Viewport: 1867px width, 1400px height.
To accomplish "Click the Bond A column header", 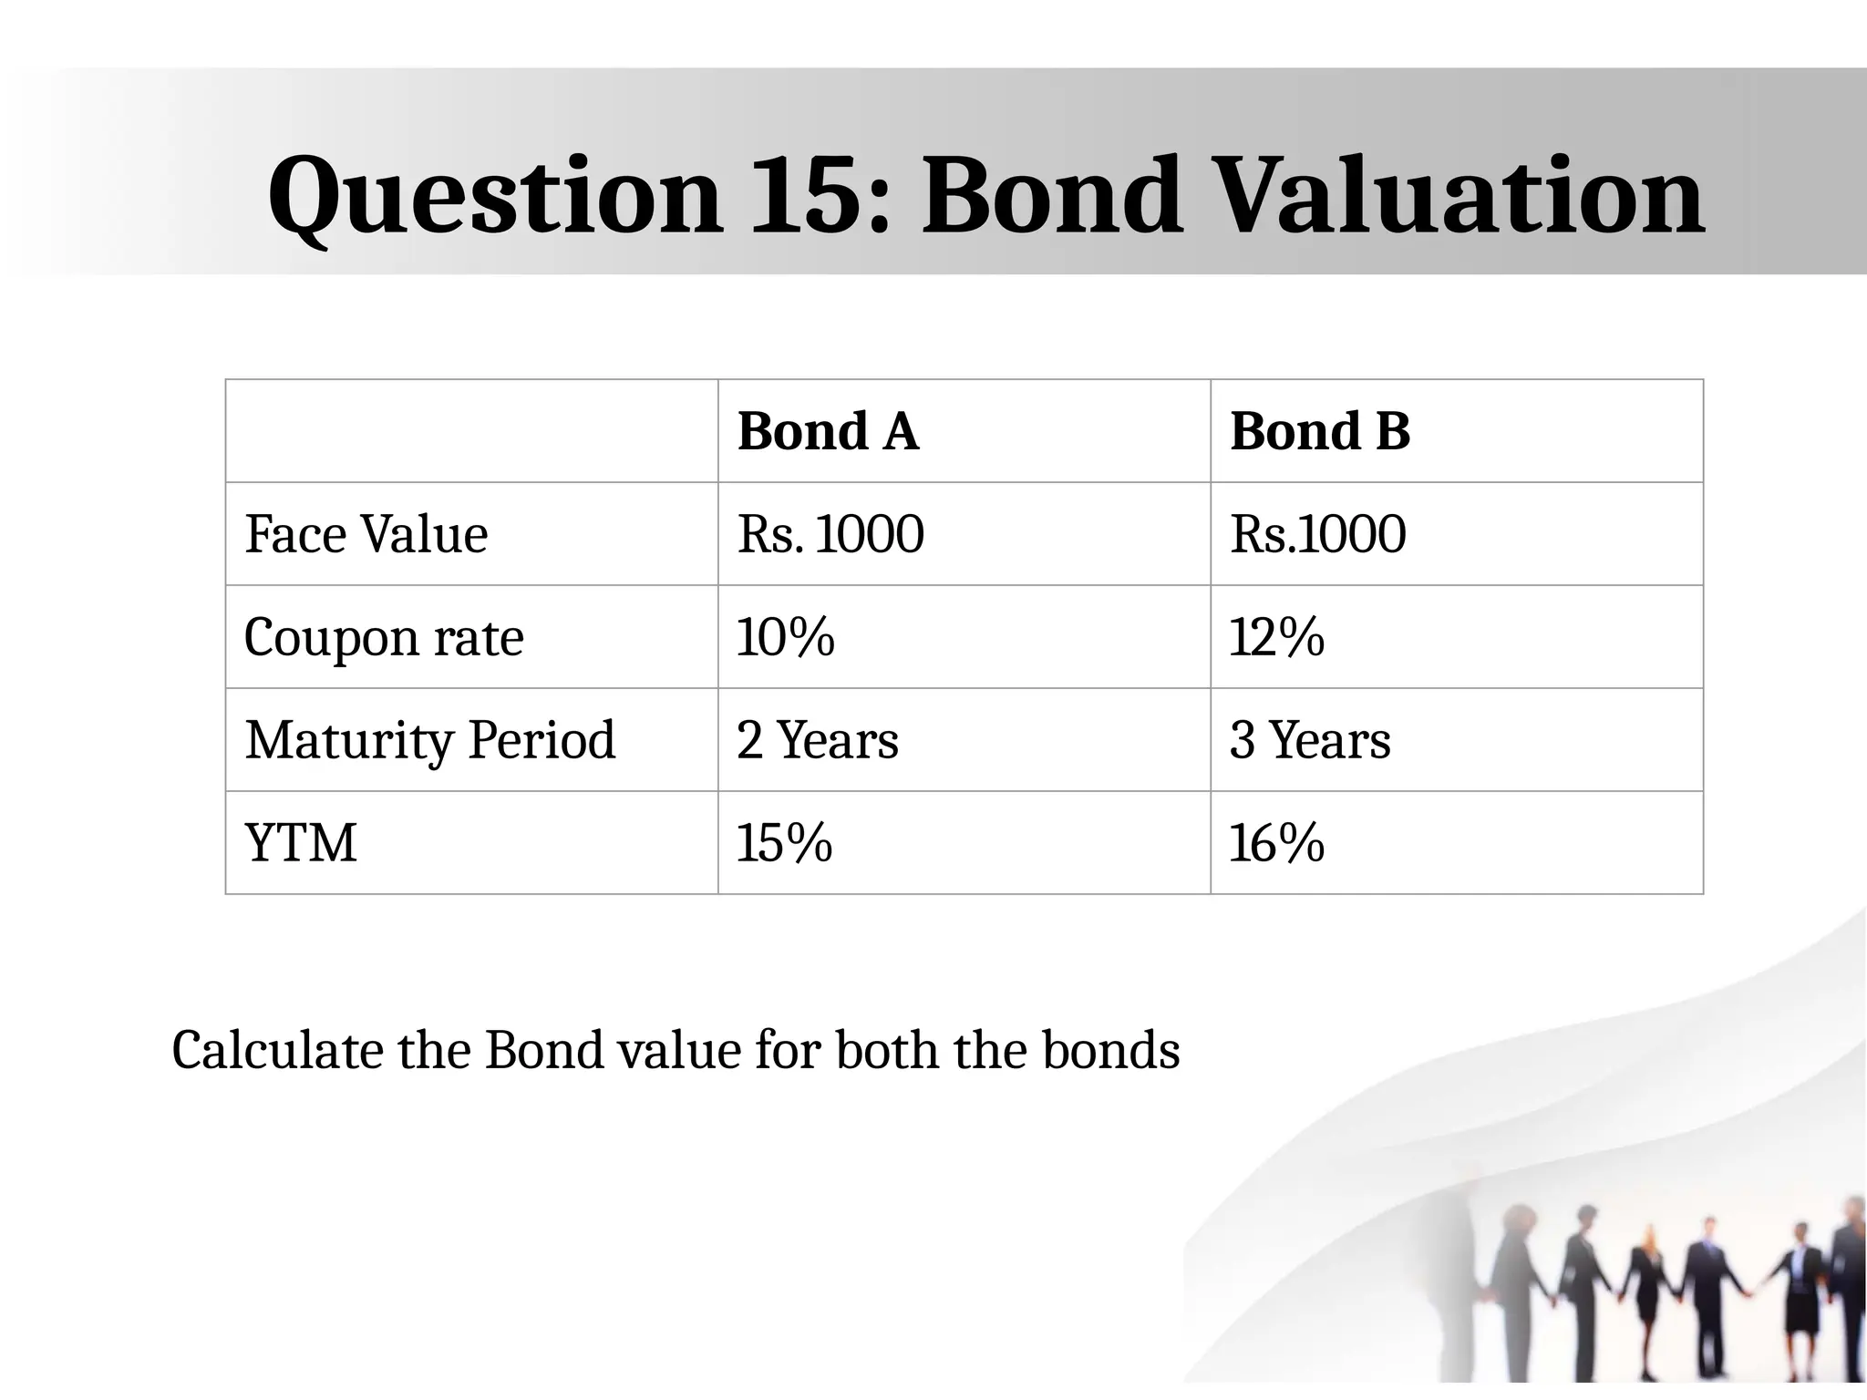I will [828, 431].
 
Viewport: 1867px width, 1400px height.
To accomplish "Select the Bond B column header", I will [1320, 431].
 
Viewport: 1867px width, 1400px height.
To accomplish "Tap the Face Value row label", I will [366, 534].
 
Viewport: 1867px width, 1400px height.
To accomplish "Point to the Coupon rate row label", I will [384, 637].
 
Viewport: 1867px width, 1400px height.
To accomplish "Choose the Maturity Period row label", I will [430, 740].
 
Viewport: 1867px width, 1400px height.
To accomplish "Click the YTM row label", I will [301, 843].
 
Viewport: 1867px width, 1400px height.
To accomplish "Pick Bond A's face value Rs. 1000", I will [830, 534].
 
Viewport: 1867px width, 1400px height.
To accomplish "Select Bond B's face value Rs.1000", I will [1317, 534].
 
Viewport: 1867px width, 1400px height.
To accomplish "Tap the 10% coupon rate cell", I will [785, 637].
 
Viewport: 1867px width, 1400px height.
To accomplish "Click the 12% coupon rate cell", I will [1276, 637].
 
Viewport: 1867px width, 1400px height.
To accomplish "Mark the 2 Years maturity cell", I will [818, 740].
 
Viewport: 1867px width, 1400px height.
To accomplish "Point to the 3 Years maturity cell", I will [1310, 740].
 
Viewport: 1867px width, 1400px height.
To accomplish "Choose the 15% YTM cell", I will [784, 843].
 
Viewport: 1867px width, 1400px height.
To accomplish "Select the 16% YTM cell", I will [1276, 843].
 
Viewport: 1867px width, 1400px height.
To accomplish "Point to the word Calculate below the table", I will [277, 1050].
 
